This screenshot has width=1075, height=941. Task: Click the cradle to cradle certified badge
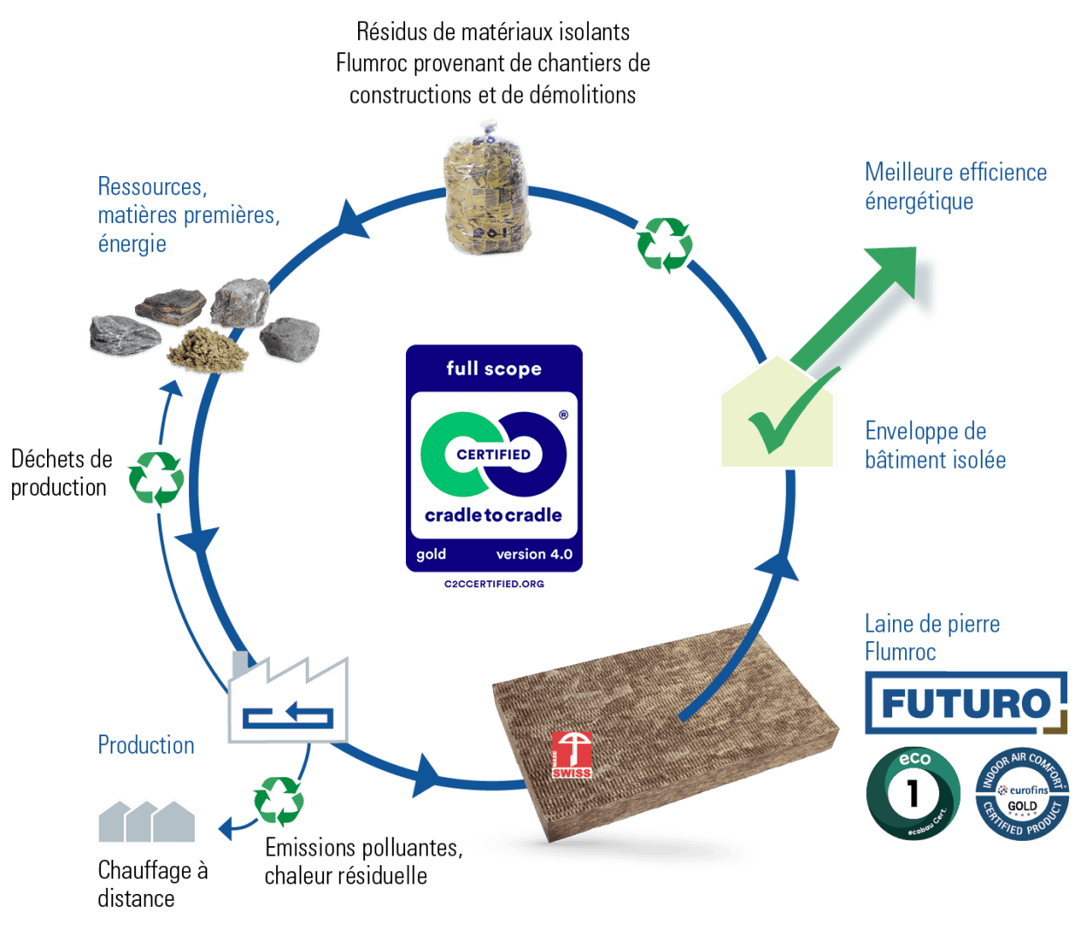point(493,458)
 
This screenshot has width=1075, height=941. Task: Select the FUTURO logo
point(965,702)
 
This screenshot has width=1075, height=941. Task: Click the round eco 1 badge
point(912,793)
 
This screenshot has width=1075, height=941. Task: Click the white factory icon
point(288,701)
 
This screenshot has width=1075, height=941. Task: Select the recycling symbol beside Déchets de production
point(156,477)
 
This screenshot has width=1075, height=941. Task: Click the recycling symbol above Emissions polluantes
point(279,800)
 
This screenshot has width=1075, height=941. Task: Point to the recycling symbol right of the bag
point(664,244)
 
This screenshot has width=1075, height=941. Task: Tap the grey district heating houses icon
point(146,821)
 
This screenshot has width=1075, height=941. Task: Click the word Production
point(146,745)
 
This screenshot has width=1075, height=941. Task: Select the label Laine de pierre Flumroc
point(931,637)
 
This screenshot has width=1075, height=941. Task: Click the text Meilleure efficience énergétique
point(955,186)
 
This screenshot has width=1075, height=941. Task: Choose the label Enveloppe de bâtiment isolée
point(935,445)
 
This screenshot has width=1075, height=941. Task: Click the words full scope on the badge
point(494,369)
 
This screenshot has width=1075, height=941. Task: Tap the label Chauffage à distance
point(152,883)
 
